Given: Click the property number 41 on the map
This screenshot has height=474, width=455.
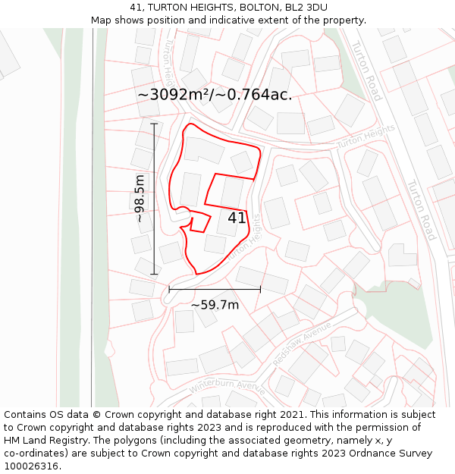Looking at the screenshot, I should click(237, 218).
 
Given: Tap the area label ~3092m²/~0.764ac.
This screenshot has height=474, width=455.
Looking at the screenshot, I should click(215, 94).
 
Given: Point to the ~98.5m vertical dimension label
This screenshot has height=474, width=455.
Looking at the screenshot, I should click(140, 198).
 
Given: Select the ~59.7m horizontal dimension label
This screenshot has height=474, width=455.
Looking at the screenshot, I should click(215, 305).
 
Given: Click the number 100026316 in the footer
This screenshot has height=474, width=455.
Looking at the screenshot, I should click(32, 466).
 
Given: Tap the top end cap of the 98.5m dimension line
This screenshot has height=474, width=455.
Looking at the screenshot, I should click(154, 124).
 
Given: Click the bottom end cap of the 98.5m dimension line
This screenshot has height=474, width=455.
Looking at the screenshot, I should click(154, 274).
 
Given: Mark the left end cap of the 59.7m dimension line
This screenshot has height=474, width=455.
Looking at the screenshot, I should click(169, 289).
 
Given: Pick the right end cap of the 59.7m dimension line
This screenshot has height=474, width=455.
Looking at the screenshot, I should click(260, 289).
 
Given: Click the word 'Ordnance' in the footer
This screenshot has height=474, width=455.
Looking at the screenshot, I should click(374, 454).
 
